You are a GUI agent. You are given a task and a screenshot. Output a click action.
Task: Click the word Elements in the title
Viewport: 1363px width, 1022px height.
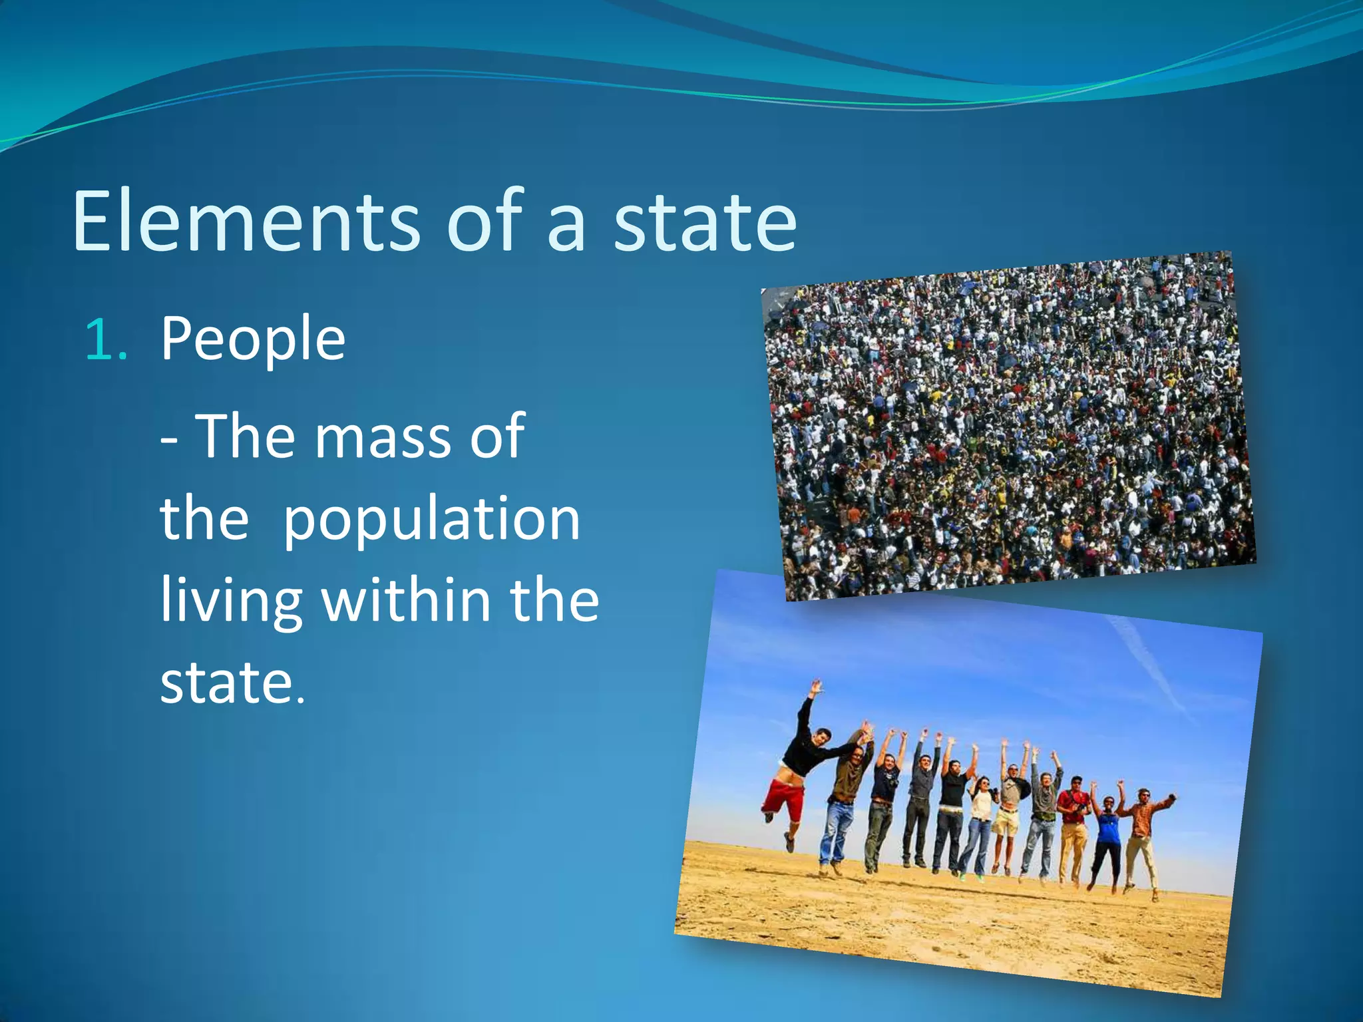coord(246,221)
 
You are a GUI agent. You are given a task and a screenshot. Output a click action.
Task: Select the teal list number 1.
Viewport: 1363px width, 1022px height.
coord(105,339)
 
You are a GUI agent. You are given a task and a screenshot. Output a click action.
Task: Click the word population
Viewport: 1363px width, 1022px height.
coord(431,520)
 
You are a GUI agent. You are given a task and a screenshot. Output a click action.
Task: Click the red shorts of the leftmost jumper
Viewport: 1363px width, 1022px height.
coord(784,798)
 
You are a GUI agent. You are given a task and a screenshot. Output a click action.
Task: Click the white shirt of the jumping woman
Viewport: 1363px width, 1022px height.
coord(981,805)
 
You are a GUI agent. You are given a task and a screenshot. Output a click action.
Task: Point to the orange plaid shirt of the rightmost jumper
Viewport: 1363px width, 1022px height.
coord(1143,820)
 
